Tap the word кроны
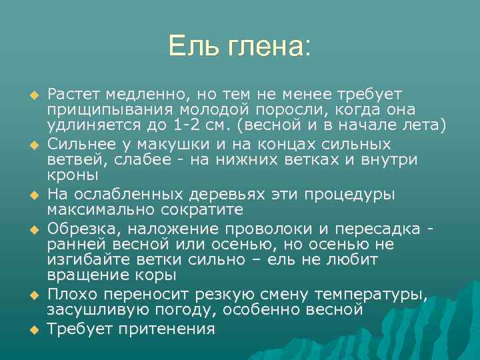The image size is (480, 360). (73, 176)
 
